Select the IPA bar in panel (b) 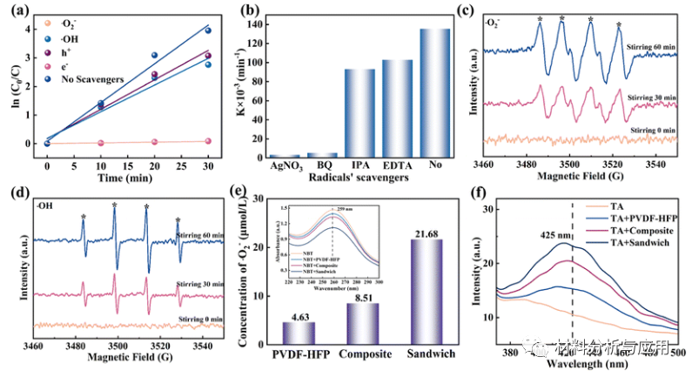pos(359,112)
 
